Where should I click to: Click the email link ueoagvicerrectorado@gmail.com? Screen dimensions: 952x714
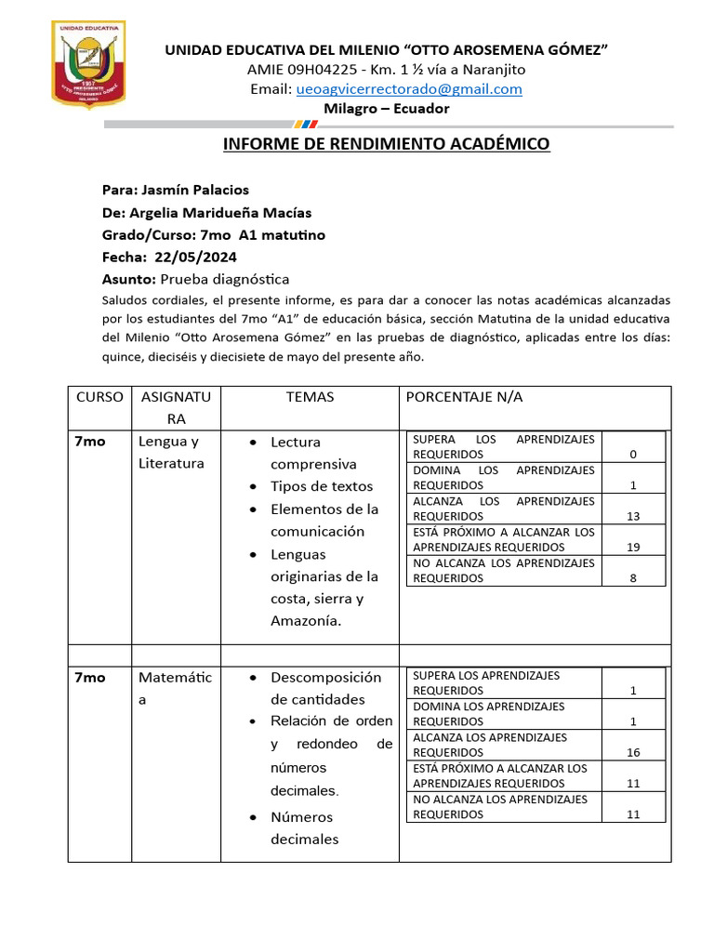pos(409,89)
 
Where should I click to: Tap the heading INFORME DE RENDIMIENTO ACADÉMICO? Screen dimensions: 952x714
pos(386,144)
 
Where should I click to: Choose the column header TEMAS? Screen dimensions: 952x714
pos(310,397)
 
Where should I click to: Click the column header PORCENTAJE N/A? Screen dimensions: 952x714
pos(465,397)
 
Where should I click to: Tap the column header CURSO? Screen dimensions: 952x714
pos(99,397)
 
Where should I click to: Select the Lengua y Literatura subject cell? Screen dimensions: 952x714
pos(170,452)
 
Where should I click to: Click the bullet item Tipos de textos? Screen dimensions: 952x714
pos(321,486)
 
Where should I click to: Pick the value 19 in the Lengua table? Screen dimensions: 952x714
pos(633,548)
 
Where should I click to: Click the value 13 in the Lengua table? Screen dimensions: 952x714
pos(633,517)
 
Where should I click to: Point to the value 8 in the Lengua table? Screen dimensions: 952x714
pos(633,578)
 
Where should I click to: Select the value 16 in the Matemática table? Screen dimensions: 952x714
pos(633,753)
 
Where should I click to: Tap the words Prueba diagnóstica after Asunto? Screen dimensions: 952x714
pos(224,279)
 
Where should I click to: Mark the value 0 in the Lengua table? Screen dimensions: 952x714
pos(633,455)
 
